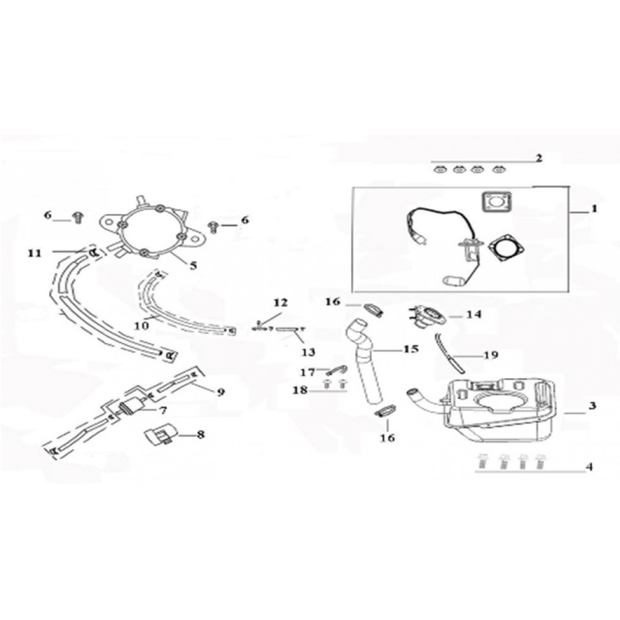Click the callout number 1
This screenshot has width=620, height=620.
tap(593, 210)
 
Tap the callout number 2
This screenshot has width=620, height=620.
tap(539, 157)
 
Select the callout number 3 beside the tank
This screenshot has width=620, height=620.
tap(592, 406)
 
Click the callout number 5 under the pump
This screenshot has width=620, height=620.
tap(193, 265)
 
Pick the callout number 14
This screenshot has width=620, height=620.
tap(474, 314)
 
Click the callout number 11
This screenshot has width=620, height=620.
tap(34, 252)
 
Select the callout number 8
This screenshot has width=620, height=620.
tap(200, 435)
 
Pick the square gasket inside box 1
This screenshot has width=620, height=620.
tap(493, 203)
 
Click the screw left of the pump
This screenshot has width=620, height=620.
tap(78, 216)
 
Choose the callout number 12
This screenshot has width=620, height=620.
tap(280, 302)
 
